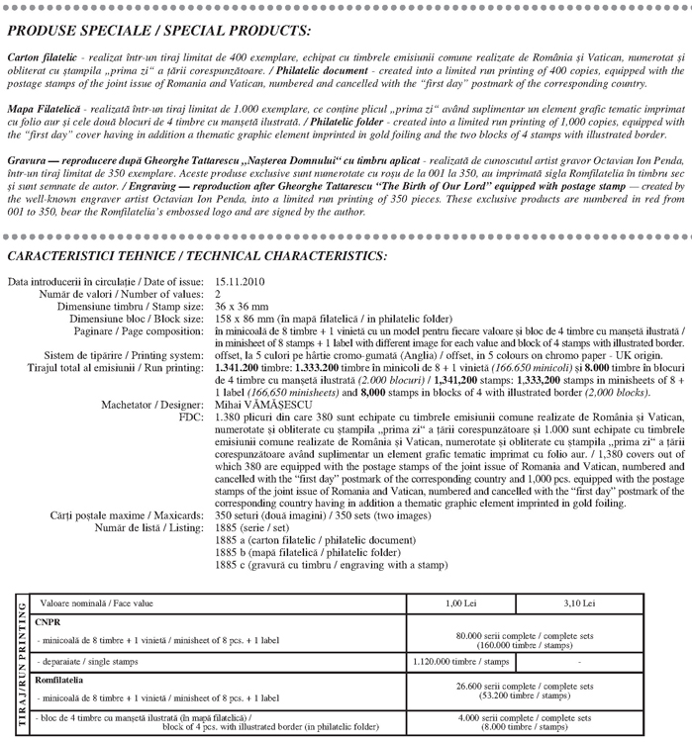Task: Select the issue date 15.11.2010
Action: (243, 282)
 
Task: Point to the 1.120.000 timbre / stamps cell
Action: (461, 658)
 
